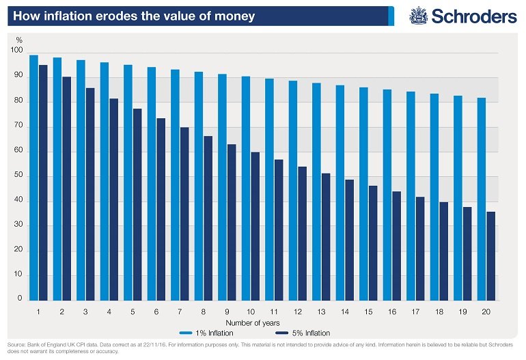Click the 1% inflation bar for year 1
33,178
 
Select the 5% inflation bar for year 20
491,256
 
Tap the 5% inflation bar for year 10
255,226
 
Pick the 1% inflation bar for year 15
363,194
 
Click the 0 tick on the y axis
19,299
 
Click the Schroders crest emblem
418,16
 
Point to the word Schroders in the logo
473,16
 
